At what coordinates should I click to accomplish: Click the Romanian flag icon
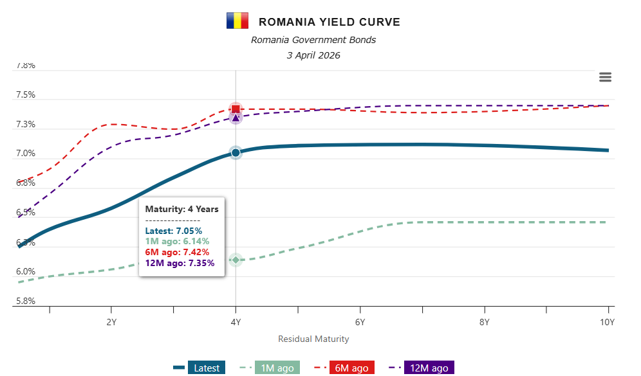pos(237,21)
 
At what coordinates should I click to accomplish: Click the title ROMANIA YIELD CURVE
pos(329,22)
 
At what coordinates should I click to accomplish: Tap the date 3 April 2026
pos(313,55)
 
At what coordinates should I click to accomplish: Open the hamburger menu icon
pos(605,77)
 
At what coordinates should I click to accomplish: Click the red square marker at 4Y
pos(236,109)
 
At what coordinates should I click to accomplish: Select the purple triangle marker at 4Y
pos(236,118)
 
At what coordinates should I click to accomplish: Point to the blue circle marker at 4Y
pos(236,153)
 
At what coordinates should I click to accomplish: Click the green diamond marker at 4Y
pos(236,260)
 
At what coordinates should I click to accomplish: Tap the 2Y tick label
pos(111,321)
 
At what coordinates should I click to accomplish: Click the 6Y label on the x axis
pos(360,321)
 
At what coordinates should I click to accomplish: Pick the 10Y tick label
pos(608,321)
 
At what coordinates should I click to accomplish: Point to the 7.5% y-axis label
pos(26,95)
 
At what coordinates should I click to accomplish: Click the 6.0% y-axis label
pos(26,272)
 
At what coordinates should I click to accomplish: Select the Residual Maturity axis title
pos(313,339)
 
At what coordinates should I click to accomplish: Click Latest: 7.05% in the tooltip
pos(174,230)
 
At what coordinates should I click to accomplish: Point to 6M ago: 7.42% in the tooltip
pos(176,252)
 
